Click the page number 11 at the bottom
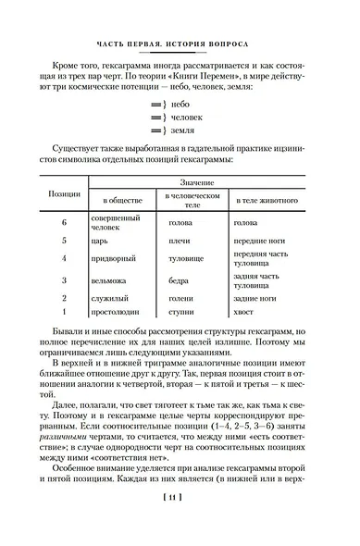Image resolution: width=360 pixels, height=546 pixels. [x=180, y=523]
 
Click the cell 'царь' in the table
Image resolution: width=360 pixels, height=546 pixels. [x=102, y=240]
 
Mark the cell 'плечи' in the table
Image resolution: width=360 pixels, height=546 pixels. [x=179, y=240]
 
